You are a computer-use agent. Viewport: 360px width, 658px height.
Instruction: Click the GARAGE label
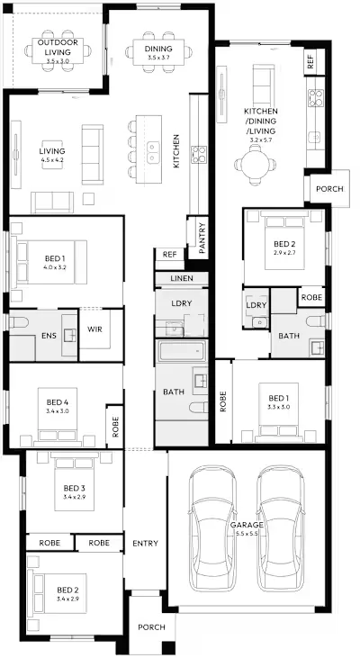(247, 525)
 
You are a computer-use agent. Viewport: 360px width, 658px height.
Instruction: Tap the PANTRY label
(202, 238)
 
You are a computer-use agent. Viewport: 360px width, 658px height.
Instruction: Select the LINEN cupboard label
(182, 278)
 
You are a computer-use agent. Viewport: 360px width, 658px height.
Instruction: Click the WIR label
(94, 329)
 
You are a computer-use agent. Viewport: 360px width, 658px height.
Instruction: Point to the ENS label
(49, 336)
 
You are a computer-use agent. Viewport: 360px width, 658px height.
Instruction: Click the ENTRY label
(145, 543)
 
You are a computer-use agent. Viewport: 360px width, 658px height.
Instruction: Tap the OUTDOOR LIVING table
(58, 50)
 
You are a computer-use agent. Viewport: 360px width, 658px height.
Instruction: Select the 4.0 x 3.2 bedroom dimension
(55, 267)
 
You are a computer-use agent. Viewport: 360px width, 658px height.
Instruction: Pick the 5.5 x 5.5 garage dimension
(247, 533)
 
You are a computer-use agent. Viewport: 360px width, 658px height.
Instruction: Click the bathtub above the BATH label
(181, 351)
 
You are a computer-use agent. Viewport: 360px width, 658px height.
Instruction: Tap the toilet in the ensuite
(18, 322)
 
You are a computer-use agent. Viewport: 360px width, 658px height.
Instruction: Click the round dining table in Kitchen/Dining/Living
(255, 165)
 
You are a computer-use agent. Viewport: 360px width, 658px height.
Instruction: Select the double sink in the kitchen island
(153, 153)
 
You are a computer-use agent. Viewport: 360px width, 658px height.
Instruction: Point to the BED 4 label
(58, 402)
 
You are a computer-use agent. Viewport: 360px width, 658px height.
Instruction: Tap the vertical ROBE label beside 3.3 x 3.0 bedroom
(223, 401)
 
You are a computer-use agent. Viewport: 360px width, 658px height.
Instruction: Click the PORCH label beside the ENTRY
(151, 627)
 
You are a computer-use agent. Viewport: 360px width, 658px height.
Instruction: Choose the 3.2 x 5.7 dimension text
(261, 140)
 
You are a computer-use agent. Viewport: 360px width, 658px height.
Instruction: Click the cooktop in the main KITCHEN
(199, 154)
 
